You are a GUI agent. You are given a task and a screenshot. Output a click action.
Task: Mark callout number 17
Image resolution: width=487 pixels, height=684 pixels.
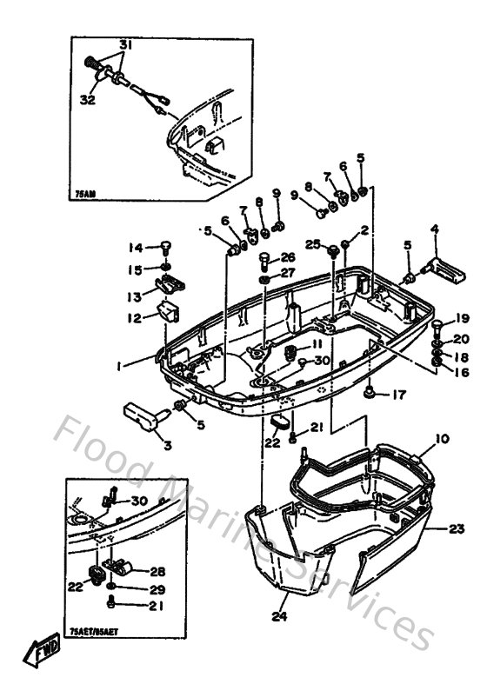[397, 394]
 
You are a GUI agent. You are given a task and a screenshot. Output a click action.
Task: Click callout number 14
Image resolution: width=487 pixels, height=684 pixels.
[137, 247]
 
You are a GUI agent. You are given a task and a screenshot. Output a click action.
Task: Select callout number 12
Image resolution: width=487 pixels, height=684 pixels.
[135, 318]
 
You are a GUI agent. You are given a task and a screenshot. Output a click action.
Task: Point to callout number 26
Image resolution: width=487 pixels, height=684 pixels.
[288, 257]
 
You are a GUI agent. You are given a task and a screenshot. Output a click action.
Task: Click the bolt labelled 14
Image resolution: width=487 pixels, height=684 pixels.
[163, 249]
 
